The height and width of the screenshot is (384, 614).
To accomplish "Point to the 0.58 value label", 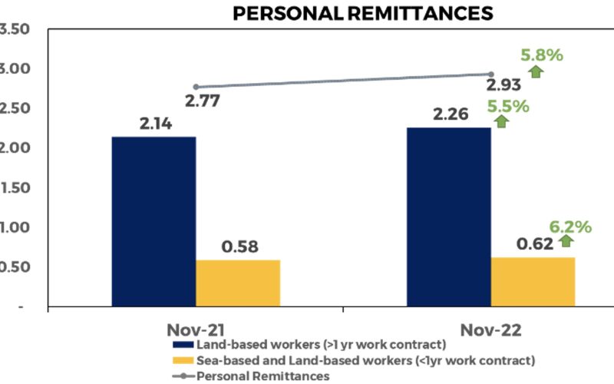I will coord(239,247).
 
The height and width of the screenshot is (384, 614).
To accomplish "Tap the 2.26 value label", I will coord(448,114).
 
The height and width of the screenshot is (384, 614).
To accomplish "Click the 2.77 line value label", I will coord(206,101).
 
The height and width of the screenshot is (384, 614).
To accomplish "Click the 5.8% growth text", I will coord(542,55).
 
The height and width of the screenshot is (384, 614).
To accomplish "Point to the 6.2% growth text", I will coord(570,227).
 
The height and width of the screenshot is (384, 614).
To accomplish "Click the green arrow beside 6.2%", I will coord(566,241).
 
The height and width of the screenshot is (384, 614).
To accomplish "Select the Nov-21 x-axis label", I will coord(195,329).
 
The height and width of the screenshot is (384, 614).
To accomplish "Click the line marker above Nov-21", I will coord(196,87).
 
